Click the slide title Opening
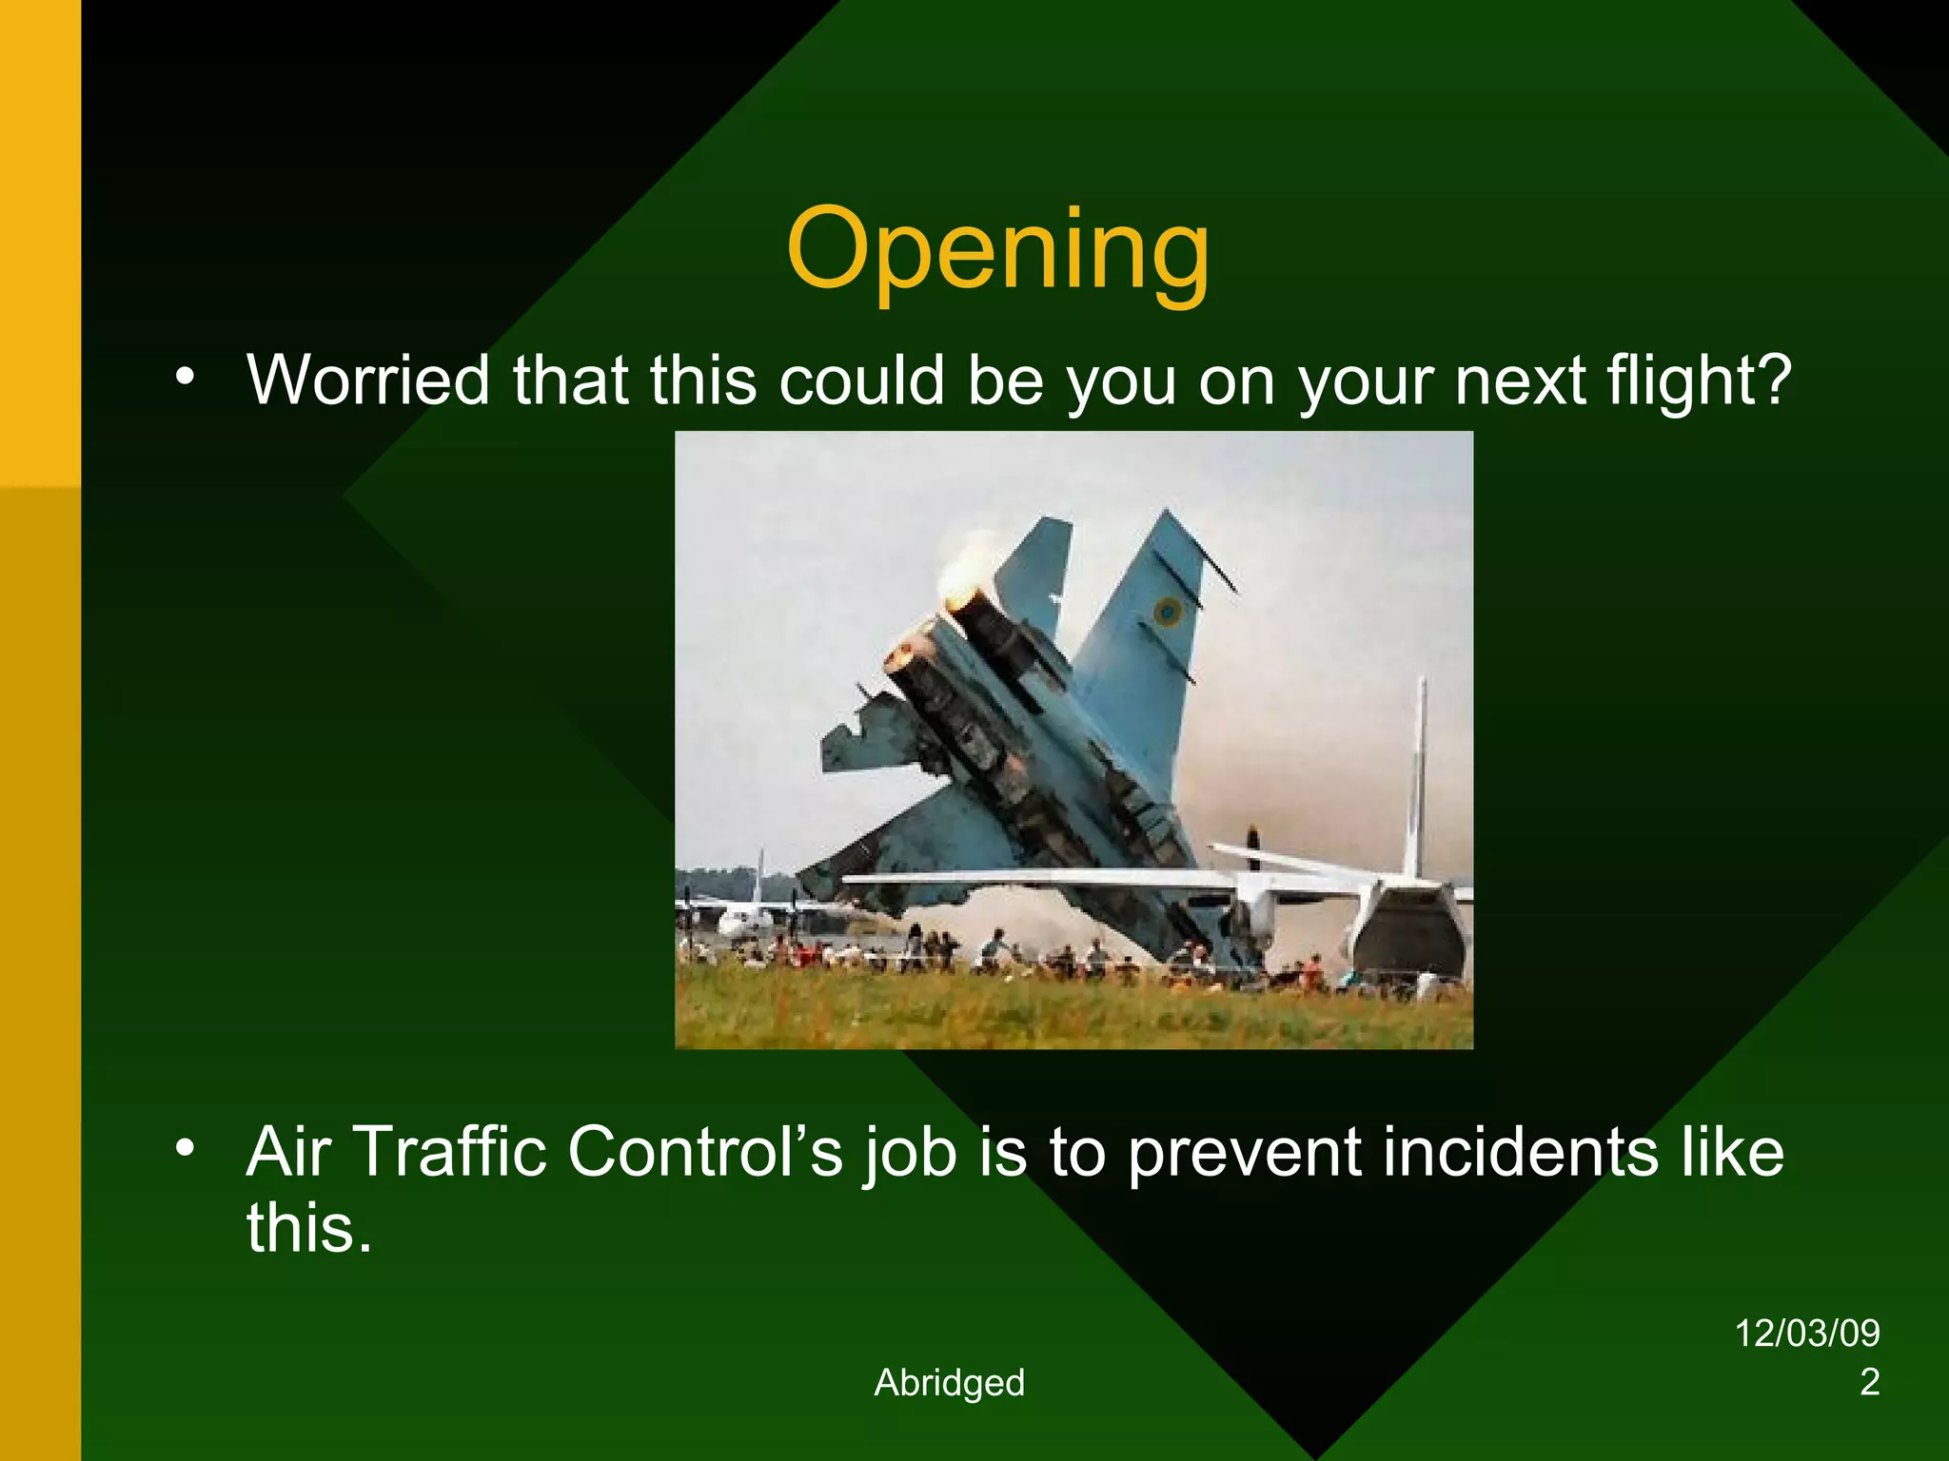(x=997, y=250)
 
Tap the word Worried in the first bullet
(x=368, y=380)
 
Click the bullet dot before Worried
(x=185, y=377)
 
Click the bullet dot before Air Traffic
(x=185, y=1148)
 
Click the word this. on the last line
(x=308, y=1228)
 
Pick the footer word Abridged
(x=949, y=1383)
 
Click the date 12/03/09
(x=1807, y=1334)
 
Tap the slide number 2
(x=1869, y=1382)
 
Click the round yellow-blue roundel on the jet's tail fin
(x=1168, y=611)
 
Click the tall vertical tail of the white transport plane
(x=1419, y=770)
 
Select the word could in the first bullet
(x=861, y=380)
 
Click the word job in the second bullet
(x=910, y=1152)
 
